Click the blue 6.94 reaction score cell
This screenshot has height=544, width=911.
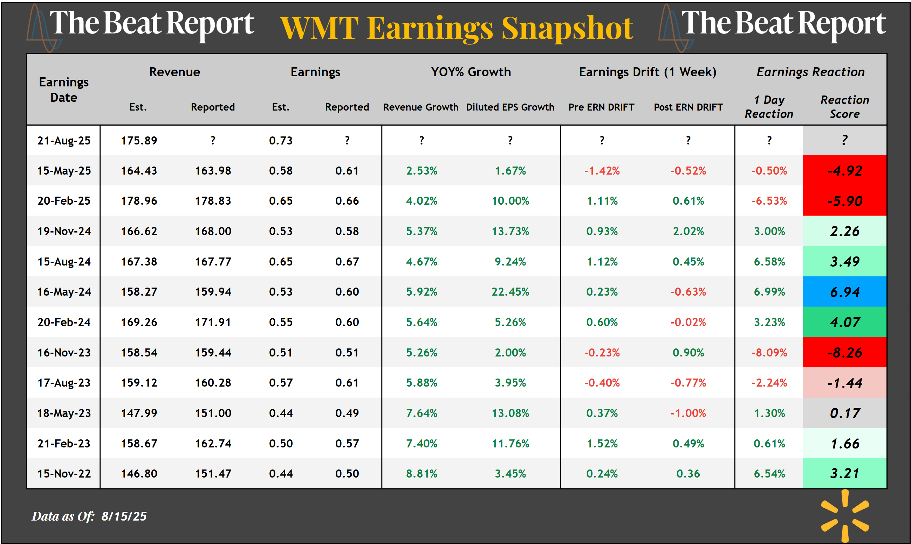tap(844, 292)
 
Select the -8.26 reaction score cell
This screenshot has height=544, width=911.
tap(844, 352)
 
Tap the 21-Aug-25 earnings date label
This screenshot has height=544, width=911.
tap(64, 140)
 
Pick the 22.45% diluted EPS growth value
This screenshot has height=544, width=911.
tap(510, 292)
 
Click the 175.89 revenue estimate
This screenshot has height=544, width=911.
tap(139, 140)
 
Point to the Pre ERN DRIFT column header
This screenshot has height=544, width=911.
tap(601, 107)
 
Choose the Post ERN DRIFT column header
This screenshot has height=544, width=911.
tap(688, 107)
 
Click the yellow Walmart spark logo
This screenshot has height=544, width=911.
tap(845, 516)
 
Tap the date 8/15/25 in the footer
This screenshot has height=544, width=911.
tap(124, 516)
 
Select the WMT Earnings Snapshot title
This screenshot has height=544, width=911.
tap(457, 28)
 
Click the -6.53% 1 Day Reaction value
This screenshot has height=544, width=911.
tap(769, 201)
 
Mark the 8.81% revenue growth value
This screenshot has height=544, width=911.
tap(422, 474)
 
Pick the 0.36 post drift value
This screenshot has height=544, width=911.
tap(688, 474)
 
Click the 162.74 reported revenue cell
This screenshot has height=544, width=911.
tap(213, 444)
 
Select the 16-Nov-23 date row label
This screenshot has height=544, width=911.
tap(64, 352)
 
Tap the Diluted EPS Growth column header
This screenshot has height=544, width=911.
tap(510, 107)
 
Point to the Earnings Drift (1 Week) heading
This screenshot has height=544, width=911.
tap(648, 72)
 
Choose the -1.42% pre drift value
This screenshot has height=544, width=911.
tap(602, 170)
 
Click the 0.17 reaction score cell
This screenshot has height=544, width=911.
tap(844, 413)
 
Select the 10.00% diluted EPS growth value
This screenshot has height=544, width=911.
tap(510, 201)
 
